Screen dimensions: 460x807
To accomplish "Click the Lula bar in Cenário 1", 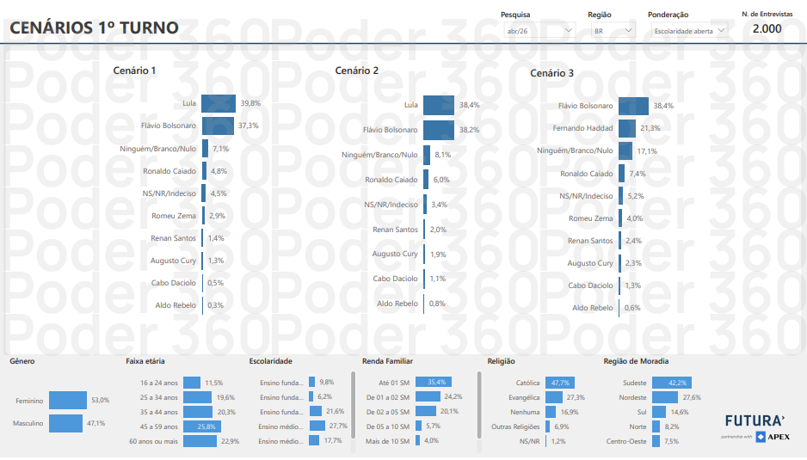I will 218,104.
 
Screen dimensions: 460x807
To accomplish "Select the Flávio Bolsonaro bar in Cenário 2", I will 438,130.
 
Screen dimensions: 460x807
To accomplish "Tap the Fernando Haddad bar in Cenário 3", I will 626,128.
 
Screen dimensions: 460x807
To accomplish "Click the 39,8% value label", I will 250,103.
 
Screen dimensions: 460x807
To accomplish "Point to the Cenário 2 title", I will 357,71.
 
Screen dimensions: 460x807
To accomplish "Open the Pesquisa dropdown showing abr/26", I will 539,31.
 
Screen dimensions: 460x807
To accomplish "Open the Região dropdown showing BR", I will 613,31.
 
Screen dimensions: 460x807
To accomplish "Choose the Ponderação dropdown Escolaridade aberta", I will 687,31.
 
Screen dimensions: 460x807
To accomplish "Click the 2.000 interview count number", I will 767,28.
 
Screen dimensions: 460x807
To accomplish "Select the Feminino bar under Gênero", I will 68,400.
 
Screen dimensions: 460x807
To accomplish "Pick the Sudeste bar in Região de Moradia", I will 671,383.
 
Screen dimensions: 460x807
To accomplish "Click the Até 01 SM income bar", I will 433,382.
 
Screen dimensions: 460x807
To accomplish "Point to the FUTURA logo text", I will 755,420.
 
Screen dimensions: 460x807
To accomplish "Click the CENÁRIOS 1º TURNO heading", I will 94,28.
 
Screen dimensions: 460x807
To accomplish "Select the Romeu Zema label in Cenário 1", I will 174,216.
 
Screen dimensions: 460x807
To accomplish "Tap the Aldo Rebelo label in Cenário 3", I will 593,308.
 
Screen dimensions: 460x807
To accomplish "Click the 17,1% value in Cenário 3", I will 647,151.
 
